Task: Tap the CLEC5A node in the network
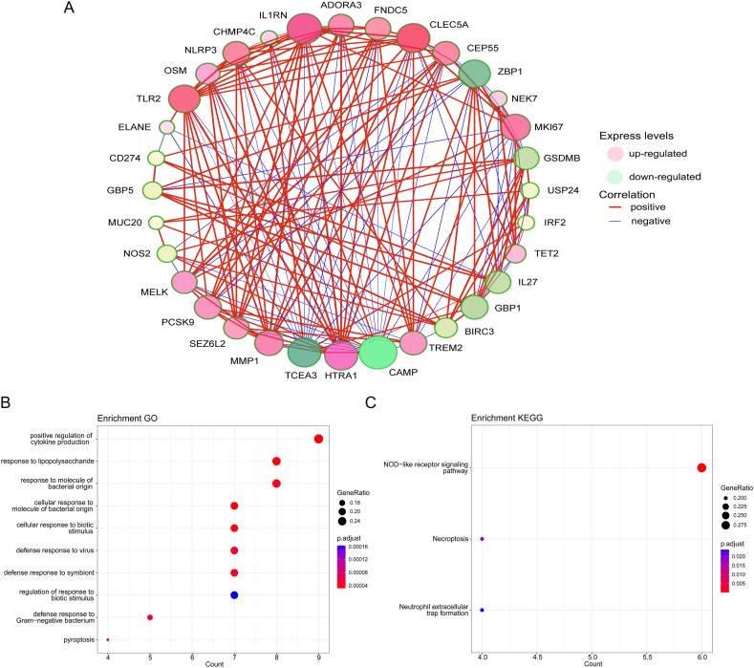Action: pyautogui.click(x=414, y=37)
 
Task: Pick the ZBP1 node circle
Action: pyautogui.click(x=474, y=74)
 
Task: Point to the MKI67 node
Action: pyautogui.click(x=515, y=127)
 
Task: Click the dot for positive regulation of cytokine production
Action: pyautogui.click(x=318, y=439)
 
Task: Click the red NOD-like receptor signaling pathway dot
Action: pyautogui.click(x=702, y=467)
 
